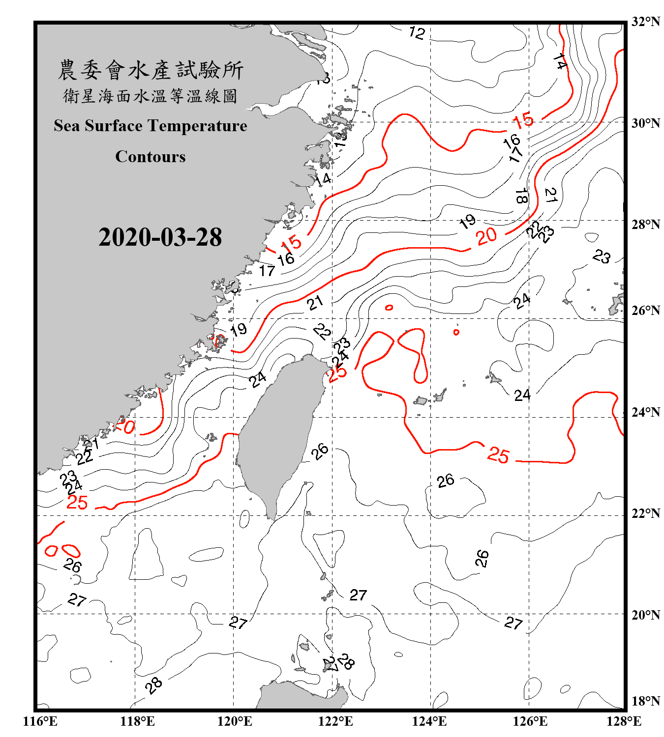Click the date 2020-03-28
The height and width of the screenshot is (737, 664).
pyautogui.click(x=160, y=237)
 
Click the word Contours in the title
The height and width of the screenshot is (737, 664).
pyautogui.click(x=151, y=157)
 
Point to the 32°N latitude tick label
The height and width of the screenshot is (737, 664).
pyautogui.click(x=645, y=22)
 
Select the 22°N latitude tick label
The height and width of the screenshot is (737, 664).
pyautogui.click(x=645, y=513)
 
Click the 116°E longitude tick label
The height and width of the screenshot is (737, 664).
pyautogui.click(x=40, y=721)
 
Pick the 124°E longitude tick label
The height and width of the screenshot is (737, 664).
pyautogui.click(x=429, y=721)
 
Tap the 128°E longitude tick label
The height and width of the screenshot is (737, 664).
pyautogui.click(x=624, y=721)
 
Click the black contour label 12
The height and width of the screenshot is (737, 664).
pyautogui.click(x=417, y=33)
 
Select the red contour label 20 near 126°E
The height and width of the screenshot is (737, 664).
pyautogui.click(x=486, y=236)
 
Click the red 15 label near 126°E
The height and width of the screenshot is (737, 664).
pyautogui.click(x=523, y=120)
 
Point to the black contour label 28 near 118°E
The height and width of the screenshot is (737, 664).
pyautogui.click(x=154, y=685)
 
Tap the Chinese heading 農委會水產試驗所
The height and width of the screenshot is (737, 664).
pyautogui.click(x=151, y=70)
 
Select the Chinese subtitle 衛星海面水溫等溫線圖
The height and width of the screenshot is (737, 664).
pyautogui.click(x=151, y=96)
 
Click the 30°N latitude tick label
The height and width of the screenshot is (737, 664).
pyautogui.click(x=645, y=123)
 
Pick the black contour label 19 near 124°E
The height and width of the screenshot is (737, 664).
pyautogui.click(x=467, y=222)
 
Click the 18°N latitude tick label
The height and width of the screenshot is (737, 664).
pyautogui.click(x=645, y=701)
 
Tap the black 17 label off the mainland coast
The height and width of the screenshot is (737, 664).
pyautogui.click(x=267, y=271)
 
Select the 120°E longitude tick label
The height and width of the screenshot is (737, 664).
pyautogui.click(x=235, y=721)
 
